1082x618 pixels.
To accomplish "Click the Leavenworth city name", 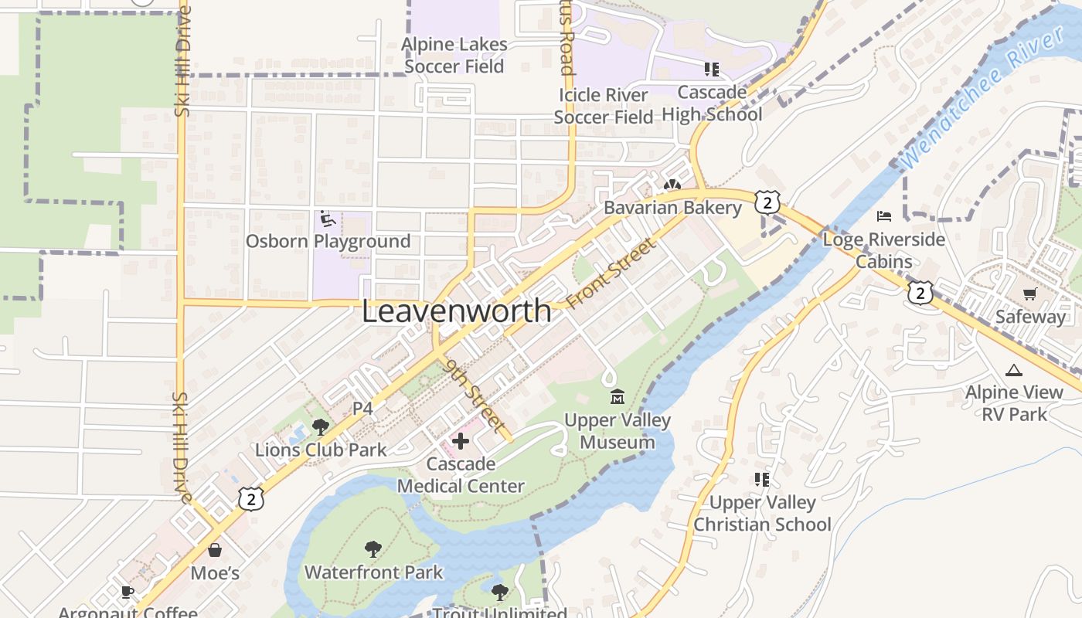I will tap(457, 311).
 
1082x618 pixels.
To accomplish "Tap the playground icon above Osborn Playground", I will tap(328, 219).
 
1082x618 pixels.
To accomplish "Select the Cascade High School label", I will tap(712, 104).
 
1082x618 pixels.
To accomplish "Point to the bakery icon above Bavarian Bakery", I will tap(672, 186).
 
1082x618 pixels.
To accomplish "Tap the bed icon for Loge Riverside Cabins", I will tap(884, 216).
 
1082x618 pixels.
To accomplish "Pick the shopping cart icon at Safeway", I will tap(1029, 294).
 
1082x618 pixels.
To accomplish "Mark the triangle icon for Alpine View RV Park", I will tap(1014, 371).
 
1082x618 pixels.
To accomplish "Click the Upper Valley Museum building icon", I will tap(617, 398).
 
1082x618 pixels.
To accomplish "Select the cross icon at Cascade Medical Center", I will tap(461, 441).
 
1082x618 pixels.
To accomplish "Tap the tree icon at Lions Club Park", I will tap(320, 426).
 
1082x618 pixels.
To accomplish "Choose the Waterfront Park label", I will tap(373, 572).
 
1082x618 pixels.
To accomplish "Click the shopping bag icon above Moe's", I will tap(215, 551).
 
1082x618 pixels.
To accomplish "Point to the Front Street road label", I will tap(610, 273).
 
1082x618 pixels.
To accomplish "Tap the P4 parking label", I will tap(362, 409).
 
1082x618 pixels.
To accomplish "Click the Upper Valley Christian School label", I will tap(762, 514).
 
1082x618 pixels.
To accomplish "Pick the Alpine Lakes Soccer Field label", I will tap(454, 56).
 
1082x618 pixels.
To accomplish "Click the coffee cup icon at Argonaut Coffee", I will tap(128, 593).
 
